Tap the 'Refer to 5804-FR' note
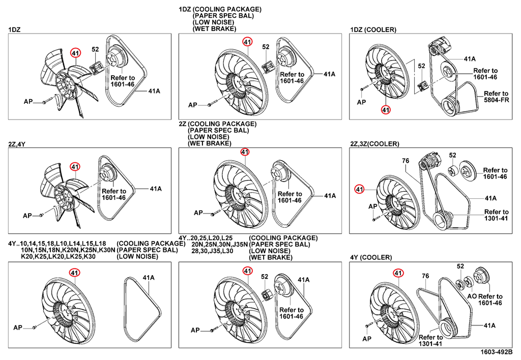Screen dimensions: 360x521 coord(496,97)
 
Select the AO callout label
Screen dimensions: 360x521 coord(471,296)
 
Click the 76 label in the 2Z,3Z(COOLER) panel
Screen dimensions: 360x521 coord(406,161)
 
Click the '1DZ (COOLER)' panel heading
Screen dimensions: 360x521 coord(373,30)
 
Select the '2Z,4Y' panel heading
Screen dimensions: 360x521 coord(17,144)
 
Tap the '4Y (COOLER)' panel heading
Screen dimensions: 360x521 coord(371,257)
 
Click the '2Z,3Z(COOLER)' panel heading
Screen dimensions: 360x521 coord(374,144)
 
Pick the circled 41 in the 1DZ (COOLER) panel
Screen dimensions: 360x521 coord(386,110)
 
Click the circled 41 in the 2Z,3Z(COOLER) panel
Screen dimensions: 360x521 coord(360,190)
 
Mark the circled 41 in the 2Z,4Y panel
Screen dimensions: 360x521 coord(75,166)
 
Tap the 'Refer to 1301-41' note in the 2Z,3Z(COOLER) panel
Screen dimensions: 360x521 coord(496,216)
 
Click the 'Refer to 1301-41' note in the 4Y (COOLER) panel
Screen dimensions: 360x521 coord(431,341)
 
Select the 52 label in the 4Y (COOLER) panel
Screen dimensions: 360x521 coord(460,266)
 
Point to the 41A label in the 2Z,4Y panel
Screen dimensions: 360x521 coord(155,189)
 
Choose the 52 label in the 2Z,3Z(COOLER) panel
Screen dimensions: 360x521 coord(452,155)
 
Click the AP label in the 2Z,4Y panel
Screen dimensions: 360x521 coord(27,216)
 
